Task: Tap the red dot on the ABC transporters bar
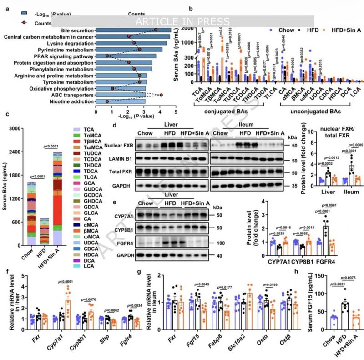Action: (x=161, y=95)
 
